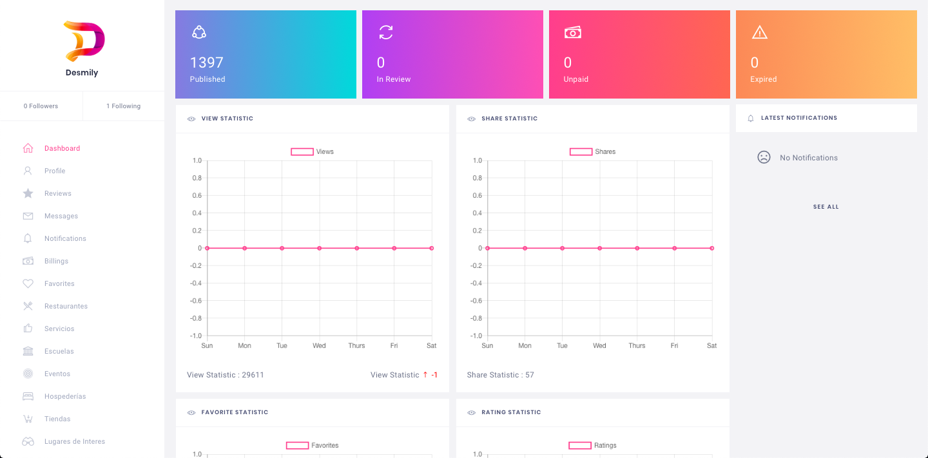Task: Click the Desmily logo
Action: point(84,41)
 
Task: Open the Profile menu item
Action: point(55,171)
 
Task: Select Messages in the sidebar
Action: point(61,216)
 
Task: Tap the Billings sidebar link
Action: point(56,261)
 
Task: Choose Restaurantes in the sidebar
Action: point(66,306)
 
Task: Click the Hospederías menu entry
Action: point(65,396)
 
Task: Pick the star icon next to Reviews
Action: point(28,193)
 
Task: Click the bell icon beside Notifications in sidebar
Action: point(28,238)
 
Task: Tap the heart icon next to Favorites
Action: point(28,283)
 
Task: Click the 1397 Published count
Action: point(206,62)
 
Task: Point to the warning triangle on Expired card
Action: point(760,32)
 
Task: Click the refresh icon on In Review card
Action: point(386,32)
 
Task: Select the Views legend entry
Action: point(313,152)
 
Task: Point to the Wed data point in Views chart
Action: point(319,248)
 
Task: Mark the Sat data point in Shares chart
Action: point(711,248)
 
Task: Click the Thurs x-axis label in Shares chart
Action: point(637,346)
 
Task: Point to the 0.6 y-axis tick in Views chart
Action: point(197,196)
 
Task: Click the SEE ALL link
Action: point(826,207)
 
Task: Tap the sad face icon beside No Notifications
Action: point(764,157)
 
